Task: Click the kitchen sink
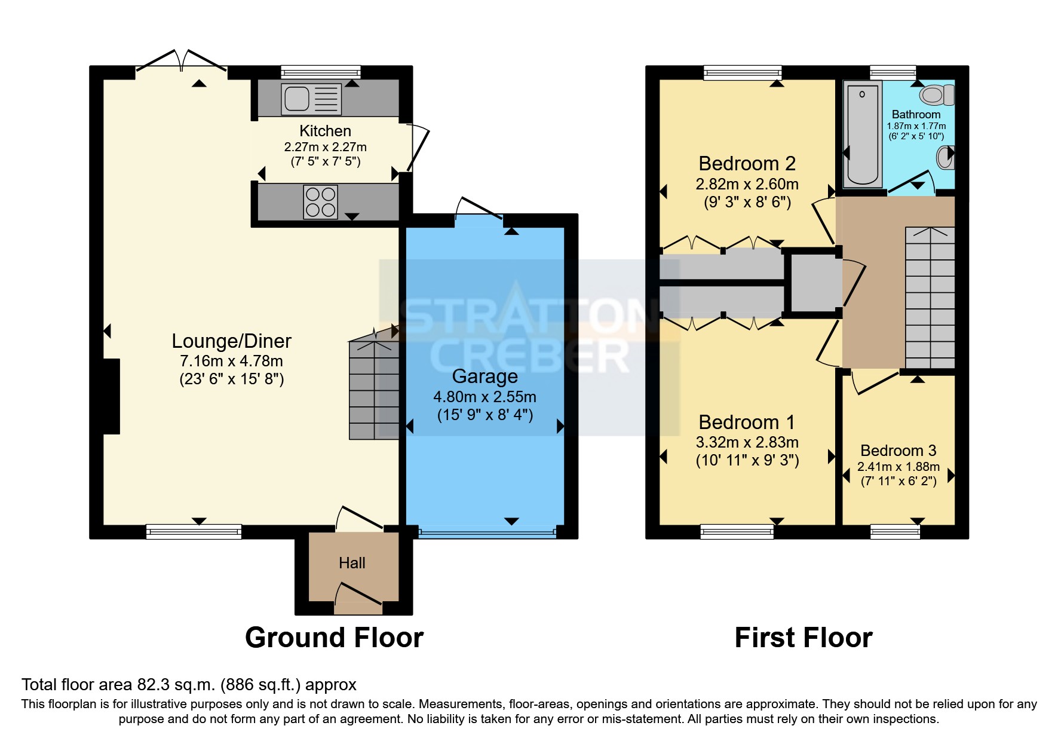click(x=311, y=99)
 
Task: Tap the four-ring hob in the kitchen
click(x=321, y=202)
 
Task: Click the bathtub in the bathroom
click(x=862, y=134)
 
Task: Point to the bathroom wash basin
click(x=945, y=157)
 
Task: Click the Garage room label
click(x=484, y=376)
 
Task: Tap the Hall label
click(x=352, y=563)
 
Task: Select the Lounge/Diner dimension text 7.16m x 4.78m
click(x=231, y=361)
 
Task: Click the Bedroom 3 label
click(x=898, y=451)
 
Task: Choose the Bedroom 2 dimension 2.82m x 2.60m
click(x=747, y=184)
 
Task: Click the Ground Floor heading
click(x=335, y=638)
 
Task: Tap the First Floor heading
click(x=804, y=638)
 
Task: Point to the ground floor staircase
click(x=374, y=390)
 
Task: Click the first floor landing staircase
click(x=930, y=298)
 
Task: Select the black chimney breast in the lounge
click(x=112, y=396)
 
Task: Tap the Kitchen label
click(x=325, y=131)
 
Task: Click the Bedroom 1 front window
click(x=737, y=531)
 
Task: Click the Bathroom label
click(x=916, y=114)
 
